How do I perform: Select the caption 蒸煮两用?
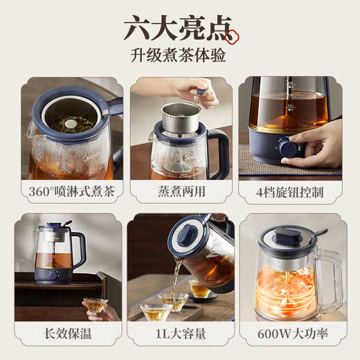[179, 192]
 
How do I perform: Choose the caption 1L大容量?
[179, 334]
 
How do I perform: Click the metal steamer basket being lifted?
[181, 117]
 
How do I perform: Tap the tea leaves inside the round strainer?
[70, 125]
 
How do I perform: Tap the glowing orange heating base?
[289, 291]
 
